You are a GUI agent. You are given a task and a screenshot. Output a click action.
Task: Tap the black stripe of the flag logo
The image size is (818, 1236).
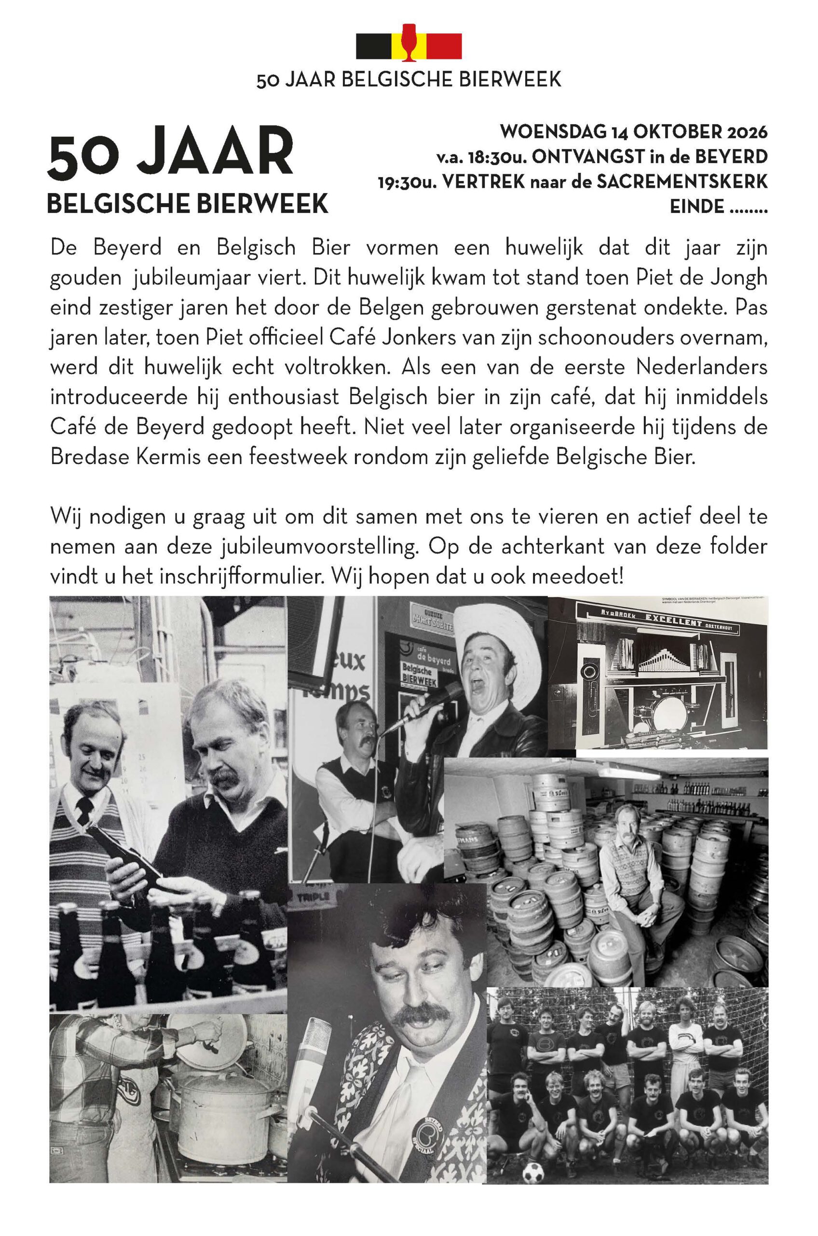click(373, 46)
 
